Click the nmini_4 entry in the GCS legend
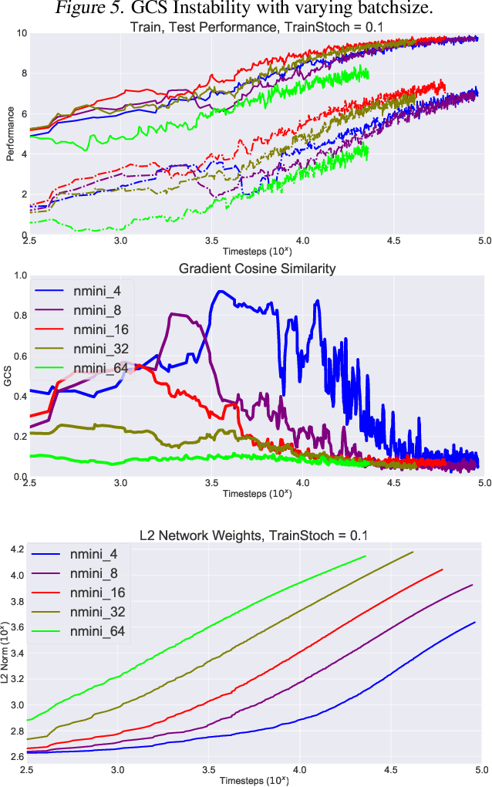(107, 290)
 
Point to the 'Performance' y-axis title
(10, 135)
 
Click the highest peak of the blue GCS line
(221, 292)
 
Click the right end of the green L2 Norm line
(365, 556)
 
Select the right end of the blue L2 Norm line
(475, 622)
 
